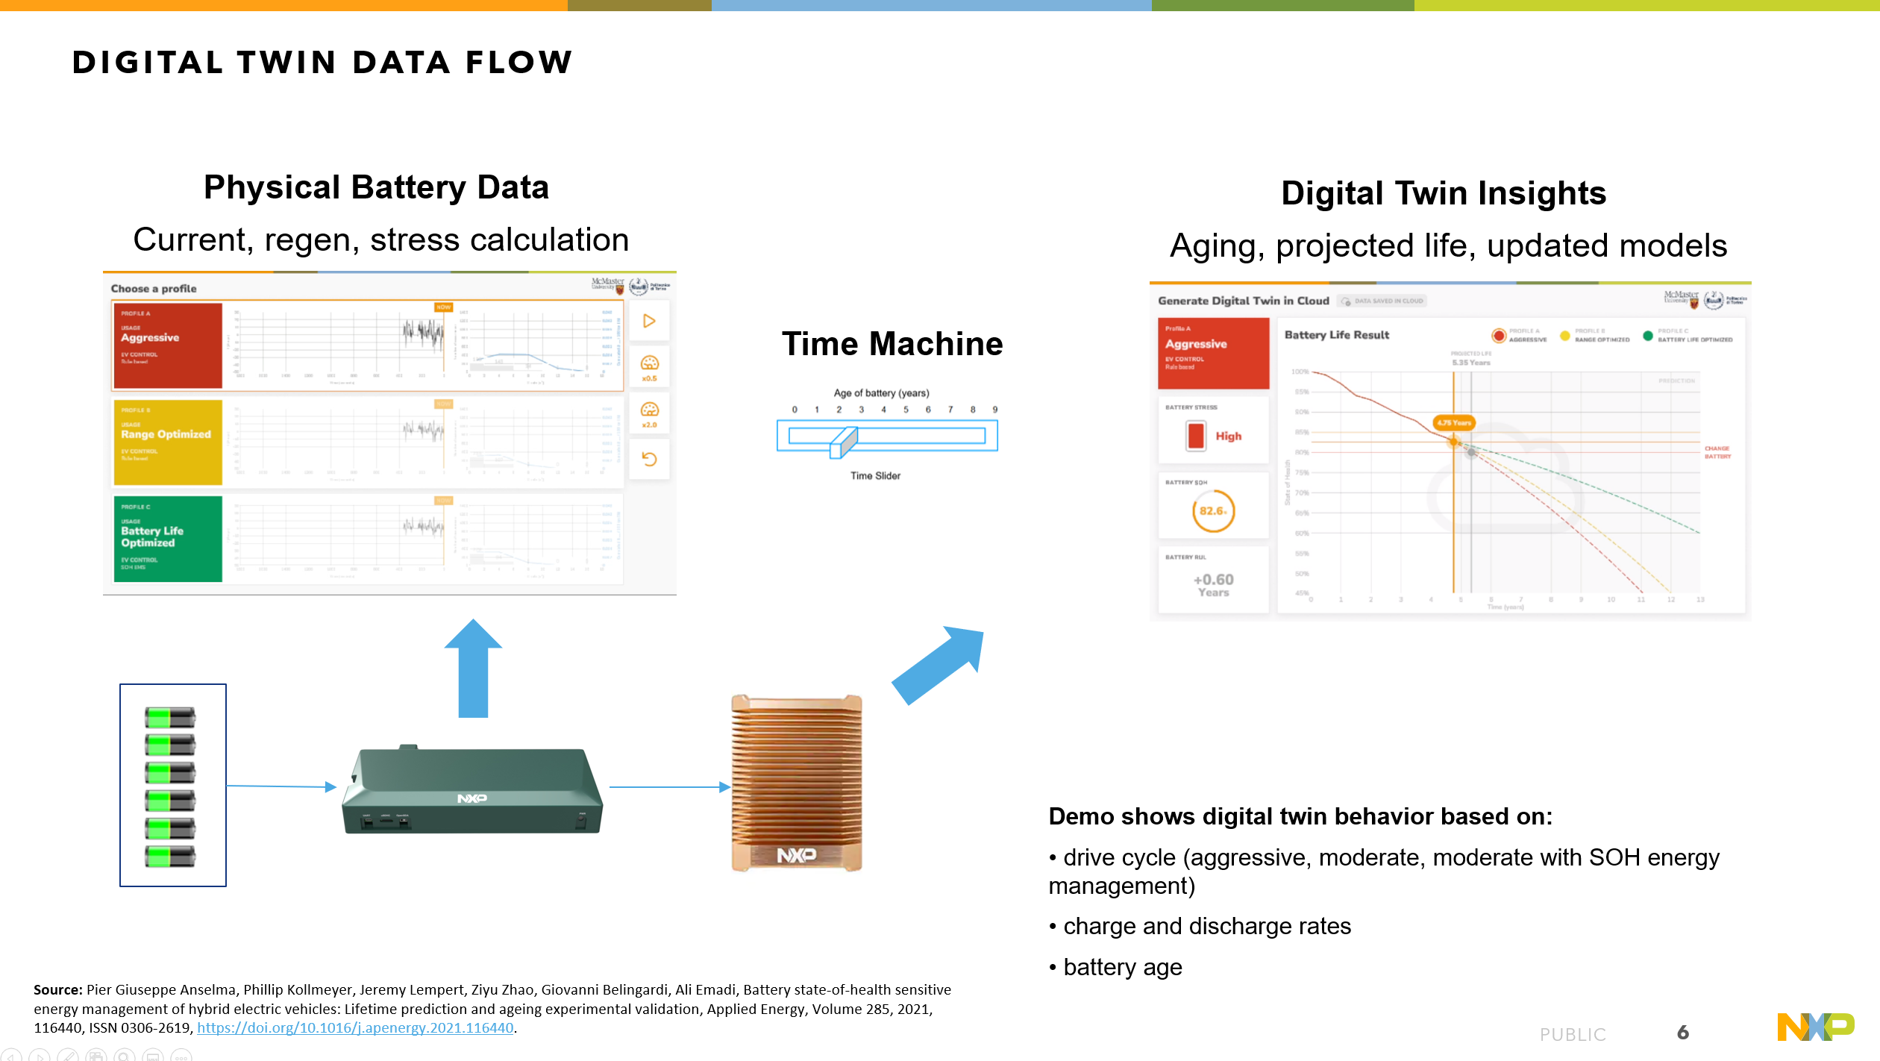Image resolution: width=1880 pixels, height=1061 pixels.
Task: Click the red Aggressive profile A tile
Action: point(167,345)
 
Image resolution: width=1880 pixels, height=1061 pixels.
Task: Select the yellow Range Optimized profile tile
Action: point(167,442)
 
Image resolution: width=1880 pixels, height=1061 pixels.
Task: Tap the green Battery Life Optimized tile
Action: point(167,538)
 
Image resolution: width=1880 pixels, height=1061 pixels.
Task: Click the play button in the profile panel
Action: point(649,321)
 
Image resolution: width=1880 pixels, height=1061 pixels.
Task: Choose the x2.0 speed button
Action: point(649,413)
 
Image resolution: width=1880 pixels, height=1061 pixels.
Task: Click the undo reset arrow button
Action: point(649,459)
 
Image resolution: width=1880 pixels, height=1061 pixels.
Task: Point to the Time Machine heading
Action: point(892,344)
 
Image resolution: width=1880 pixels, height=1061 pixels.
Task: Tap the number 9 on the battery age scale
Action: point(994,410)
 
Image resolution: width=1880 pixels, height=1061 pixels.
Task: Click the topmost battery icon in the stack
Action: point(170,718)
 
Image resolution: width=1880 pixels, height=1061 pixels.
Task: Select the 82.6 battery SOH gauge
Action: point(1213,511)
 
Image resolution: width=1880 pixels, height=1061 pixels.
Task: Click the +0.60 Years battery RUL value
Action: point(1213,584)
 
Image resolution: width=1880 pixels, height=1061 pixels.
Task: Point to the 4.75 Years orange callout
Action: point(1453,422)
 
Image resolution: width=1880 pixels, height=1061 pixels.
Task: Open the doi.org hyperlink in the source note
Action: point(355,1027)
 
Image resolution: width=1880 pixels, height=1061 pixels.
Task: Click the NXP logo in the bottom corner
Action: point(1814,1027)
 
